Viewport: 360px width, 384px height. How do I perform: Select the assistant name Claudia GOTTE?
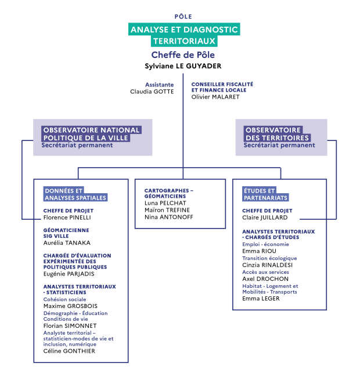152,92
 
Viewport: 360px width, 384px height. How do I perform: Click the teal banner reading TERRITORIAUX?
184,41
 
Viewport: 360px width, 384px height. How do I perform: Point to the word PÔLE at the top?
183,17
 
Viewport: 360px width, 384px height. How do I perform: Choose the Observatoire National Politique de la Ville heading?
91,134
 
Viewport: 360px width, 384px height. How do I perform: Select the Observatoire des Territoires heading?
277,134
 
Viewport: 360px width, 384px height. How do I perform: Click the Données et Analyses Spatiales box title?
75,194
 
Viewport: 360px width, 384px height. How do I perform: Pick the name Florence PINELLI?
67,218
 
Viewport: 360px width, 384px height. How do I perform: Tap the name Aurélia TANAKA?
67,242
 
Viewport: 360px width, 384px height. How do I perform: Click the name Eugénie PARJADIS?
69,274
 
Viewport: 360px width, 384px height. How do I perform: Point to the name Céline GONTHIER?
69,351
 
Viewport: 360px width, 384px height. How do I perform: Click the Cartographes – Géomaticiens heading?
169,194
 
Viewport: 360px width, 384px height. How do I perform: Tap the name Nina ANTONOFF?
169,217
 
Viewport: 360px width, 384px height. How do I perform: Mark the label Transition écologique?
269,258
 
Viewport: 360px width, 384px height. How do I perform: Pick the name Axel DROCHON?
265,278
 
